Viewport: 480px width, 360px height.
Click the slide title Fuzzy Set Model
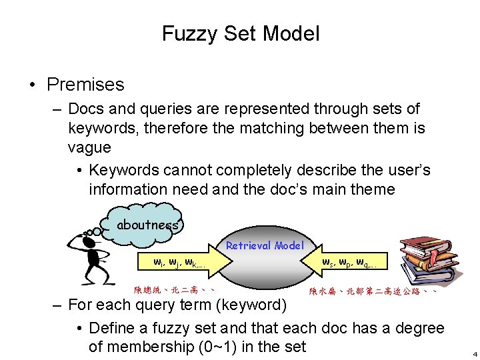tap(240, 33)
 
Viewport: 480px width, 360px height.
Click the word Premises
tap(85, 85)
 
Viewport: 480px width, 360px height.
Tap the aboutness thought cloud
tap(147, 225)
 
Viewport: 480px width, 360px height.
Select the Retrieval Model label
tap(264, 245)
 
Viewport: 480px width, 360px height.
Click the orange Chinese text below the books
tap(373, 291)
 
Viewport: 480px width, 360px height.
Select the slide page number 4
tap(474, 353)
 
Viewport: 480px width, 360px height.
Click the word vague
tap(89, 146)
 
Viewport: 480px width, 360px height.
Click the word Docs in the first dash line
tap(85, 109)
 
